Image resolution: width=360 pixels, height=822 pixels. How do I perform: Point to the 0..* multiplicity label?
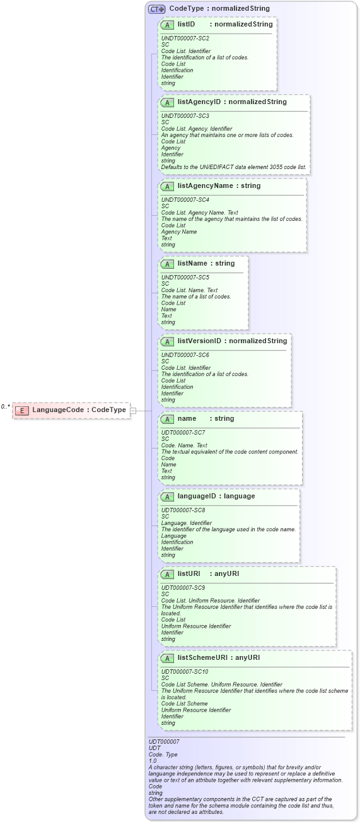(x=6, y=407)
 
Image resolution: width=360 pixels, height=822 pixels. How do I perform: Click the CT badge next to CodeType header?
(x=156, y=9)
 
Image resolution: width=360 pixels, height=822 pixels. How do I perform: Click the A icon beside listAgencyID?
(x=168, y=102)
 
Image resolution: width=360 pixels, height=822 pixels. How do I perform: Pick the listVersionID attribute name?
(x=199, y=341)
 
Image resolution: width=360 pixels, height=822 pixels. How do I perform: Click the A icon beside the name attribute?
(x=168, y=419)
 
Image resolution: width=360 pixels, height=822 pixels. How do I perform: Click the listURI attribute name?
(x=189, y=574)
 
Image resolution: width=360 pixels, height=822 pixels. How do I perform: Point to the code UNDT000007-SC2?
(x=185, y=38)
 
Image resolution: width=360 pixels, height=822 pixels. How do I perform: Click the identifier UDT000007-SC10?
(x=185, y=672)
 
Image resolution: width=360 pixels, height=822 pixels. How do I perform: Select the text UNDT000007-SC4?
(x=185, y=200)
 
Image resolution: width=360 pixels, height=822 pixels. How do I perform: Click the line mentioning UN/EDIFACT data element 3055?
(x=234, y=167)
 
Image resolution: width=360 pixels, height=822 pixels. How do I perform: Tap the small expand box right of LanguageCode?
(x=133, y=411)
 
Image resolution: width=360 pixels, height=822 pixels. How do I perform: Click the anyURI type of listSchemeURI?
(x=248, y=658)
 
